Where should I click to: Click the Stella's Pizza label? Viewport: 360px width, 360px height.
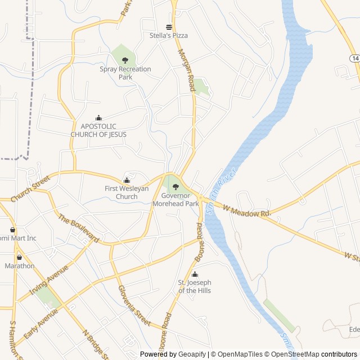(169, 35)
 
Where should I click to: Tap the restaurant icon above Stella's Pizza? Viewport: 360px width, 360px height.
(168, 26)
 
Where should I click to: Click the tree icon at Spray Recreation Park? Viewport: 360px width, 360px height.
(125, 60)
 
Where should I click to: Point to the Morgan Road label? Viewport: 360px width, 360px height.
(186, 70)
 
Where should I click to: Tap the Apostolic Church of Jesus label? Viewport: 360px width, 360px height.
(98, 130)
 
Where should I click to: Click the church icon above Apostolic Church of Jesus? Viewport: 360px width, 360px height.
(99, 118)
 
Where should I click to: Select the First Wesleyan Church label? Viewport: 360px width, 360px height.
(127, 192)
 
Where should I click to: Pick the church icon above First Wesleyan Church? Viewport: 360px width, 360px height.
(127, 181)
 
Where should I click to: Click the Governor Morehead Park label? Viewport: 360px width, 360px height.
(175, 200)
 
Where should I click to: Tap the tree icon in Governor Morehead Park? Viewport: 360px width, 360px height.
(175, 187)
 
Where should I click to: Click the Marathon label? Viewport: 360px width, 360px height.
(20, 266)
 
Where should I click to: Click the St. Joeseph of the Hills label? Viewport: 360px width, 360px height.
(195, 286)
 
